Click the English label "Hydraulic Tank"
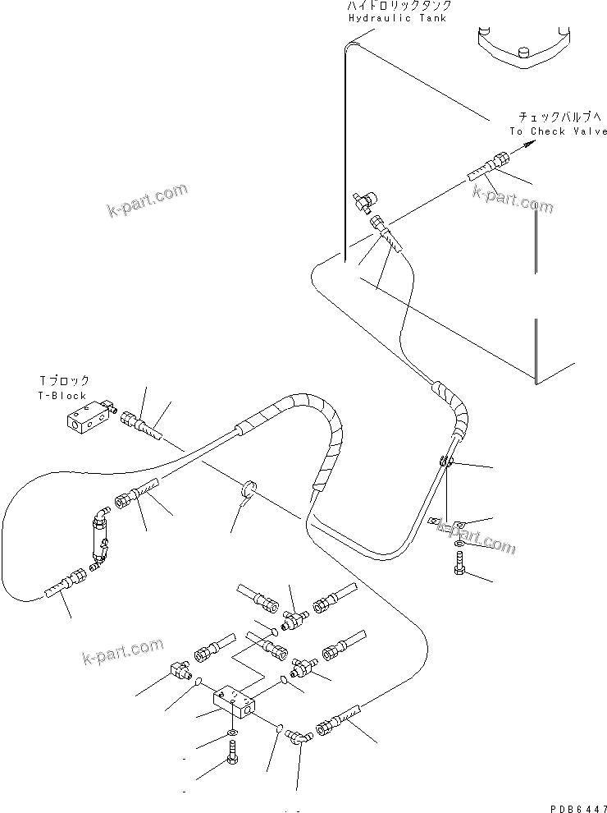[397, 18]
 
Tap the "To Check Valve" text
[558, 131]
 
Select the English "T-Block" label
[63, 396]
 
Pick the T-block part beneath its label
[87, 418]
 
